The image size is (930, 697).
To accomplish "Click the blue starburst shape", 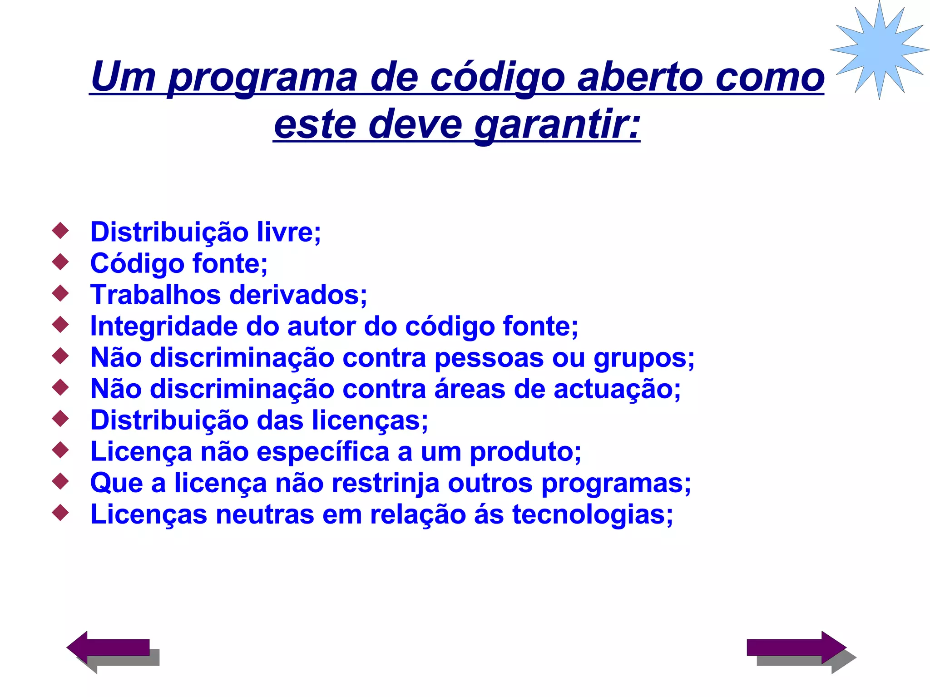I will tap(879, 49).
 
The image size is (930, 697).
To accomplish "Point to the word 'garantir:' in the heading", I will tap(557, 125).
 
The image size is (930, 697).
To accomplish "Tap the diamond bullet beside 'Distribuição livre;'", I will tap(60, 230).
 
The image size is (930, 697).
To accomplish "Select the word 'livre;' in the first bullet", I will tap(289, 232).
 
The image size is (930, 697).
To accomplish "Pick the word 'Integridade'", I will tap(163, 326).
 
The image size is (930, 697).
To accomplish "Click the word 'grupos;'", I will tap(644, 358).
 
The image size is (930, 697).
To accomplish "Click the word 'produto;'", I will tap(525, 452).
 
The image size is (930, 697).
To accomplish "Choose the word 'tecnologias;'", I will tap(592, 515).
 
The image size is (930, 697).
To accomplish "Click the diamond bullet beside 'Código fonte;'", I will tap(60, 262).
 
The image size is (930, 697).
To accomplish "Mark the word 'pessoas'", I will tap(489, 358).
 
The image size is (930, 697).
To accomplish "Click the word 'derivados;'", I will tap(298, 295).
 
